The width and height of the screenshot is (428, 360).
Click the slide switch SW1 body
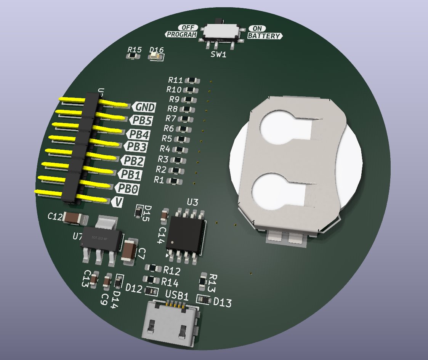pos(222,33)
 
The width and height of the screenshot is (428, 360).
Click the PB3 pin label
pos(136,146)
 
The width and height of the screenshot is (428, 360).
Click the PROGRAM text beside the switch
pos(181,35)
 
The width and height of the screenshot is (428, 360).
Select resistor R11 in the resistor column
pos(192,80)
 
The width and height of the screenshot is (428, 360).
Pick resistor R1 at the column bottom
pos(174,180)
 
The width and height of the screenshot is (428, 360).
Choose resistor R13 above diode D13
pos(204,281)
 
